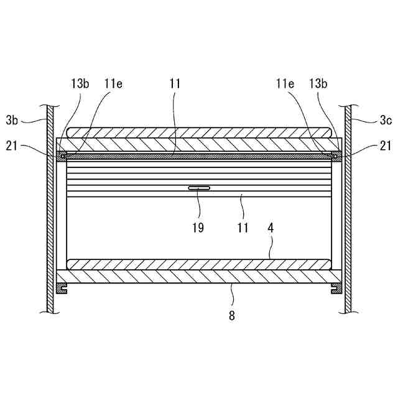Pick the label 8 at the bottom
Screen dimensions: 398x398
pyautogui.click(x=231, y=315)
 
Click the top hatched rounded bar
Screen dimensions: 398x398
pyautogui.click(x=199, y=134)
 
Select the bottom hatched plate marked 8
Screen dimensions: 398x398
pyautogui.click(x=199, y=277)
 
